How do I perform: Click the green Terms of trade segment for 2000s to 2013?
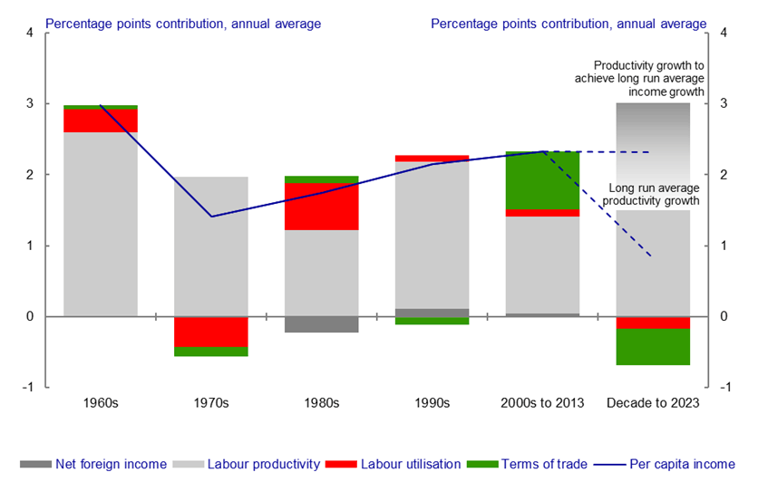pyautogui.click(x=542, y=180)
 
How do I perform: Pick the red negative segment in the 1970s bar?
pyautogui.click(x=210, y=332)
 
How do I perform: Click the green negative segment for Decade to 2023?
pyautogui.click(x=653, y=347)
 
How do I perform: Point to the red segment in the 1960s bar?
pyautogui.click(x=101, y=120)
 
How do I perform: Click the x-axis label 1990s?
pyautogui.click(x=432, y=403)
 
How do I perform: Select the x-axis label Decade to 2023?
pyautogui.click(x=653, y=403)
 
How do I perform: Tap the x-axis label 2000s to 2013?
pyautogui.click(x=542, y=403)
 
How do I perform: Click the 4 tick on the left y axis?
pyautogui.click(x=29, y=34)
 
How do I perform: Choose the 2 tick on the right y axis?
pyautogui.click(x=724, y=175)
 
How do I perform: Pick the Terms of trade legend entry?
pyautogui.click(x=528, y=465)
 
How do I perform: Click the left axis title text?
pyautogui.click(x=183, y=23)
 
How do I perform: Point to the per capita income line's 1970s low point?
pyautogui.click(x=210, y=217)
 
